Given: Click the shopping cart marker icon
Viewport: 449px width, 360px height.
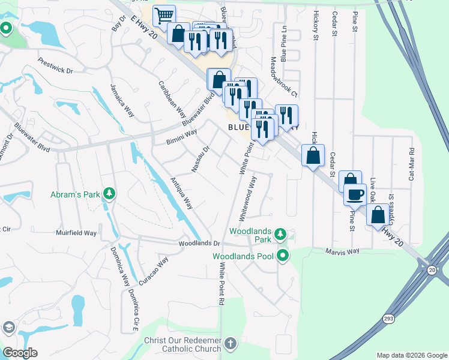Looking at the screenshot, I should (x=164, y=15).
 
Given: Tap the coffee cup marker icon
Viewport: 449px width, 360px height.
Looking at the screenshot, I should (x=355, y=194).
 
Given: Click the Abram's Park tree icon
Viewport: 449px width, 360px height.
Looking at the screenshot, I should (x=109, y=193).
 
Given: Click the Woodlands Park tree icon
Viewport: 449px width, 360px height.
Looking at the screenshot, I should (x=280, y=233).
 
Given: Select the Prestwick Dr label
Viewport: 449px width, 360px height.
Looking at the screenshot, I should (x=55, y=66).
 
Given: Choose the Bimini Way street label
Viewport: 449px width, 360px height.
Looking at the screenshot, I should (x=182, y=137).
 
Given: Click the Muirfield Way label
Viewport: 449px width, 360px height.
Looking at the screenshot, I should (x=76, y=232).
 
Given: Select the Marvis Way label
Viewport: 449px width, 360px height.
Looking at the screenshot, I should (x=343, y=251).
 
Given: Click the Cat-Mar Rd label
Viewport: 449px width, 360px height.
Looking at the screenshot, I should (x=412, y=164).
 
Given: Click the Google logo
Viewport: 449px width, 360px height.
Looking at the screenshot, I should (x=20, y=353).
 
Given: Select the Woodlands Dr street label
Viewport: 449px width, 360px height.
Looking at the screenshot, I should (x=200, y=244).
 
